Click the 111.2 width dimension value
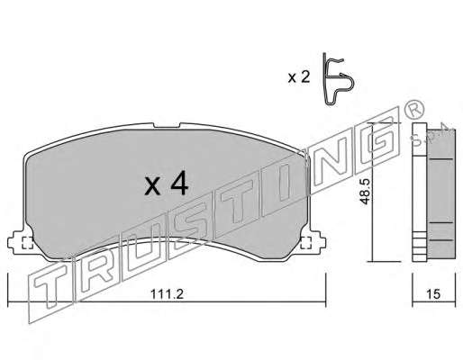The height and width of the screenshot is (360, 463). pos(167,294)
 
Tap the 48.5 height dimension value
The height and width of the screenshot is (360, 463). pos(366,192)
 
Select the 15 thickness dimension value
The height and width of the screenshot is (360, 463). pos(433,294)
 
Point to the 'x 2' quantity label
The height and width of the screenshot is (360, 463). pos(298,77)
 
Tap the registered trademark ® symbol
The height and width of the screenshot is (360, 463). pos(414,110)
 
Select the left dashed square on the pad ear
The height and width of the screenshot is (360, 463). pos(28,242)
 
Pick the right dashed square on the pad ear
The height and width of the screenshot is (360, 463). pos(306,242)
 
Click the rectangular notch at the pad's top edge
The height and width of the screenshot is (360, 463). pos(167,125)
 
